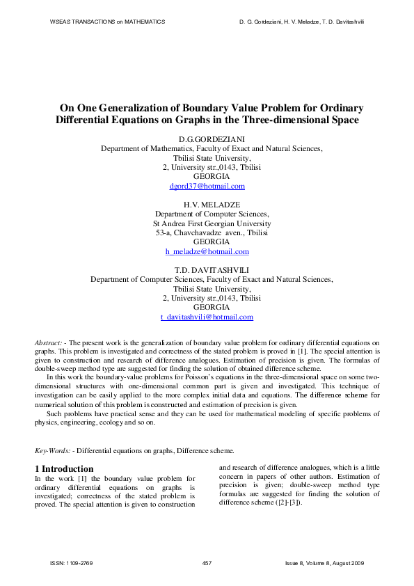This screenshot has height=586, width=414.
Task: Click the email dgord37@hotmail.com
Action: (207, 187)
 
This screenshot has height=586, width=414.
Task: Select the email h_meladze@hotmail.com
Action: (207, 251)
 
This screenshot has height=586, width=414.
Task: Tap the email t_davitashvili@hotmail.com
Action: (207, 317)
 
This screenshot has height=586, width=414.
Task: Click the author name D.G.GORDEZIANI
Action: (207, 139)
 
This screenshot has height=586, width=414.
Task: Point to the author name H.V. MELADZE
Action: (207, 205)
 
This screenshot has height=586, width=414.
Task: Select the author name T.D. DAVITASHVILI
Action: (207, 269)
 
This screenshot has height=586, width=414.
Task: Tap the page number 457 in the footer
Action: (207, 562)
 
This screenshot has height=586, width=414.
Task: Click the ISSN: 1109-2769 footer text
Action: (72, 562)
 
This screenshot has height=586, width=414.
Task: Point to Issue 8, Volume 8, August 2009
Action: (325, 562)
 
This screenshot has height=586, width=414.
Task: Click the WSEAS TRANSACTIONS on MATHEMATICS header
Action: (107, 22)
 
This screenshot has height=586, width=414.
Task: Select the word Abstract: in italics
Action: (49, 344)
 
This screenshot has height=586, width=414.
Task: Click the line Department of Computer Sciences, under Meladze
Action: (207, 214)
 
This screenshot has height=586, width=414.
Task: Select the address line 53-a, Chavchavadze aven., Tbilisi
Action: (207, 232)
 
